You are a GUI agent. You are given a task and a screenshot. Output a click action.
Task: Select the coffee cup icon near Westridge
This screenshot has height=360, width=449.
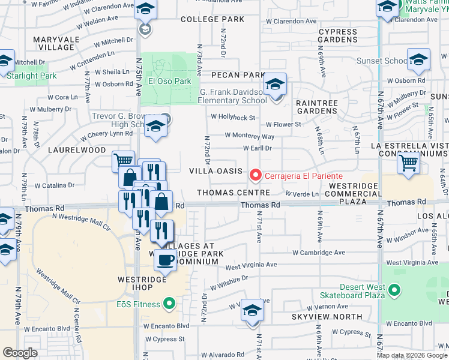pyautogui.click(x=166, y=260)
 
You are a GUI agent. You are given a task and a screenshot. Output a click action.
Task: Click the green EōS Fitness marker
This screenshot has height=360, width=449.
pyautogui.click(x=170, y=304)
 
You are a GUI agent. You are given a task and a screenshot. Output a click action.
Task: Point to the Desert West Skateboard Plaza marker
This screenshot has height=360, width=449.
pyautogui.click(x=394, y=290)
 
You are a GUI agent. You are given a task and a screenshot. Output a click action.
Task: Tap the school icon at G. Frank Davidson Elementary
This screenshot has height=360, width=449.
pyautogui.click(x=275, y=85)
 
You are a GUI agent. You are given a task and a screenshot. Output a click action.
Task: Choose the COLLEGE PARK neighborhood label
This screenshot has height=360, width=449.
pyautogui.click(x=212, y=19)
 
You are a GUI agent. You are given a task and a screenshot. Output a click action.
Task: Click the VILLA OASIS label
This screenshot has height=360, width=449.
pyautogui.click(x=216, y=171)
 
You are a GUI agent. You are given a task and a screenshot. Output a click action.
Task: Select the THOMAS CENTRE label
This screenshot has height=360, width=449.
pyautogui.click(x=232, y=193)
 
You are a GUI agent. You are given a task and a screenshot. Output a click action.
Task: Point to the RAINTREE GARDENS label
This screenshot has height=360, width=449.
pyautogui.click(x=317, y=107)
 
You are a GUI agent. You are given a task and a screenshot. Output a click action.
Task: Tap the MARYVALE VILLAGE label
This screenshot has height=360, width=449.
pyautogui.click(x=56, y=43)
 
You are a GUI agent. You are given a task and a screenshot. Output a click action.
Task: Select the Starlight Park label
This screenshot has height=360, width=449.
pyautogui.click(x=32, y=76)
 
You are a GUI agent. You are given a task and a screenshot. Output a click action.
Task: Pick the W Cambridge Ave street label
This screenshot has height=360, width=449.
pyautogui.click(x=317, y=253)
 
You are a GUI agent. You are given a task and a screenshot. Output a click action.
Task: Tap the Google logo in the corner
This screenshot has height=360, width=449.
pyautogui.click(x=20, y=352)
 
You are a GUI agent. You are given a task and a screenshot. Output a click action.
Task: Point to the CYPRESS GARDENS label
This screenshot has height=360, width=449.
pyautogui.click(x=338, y=35)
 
